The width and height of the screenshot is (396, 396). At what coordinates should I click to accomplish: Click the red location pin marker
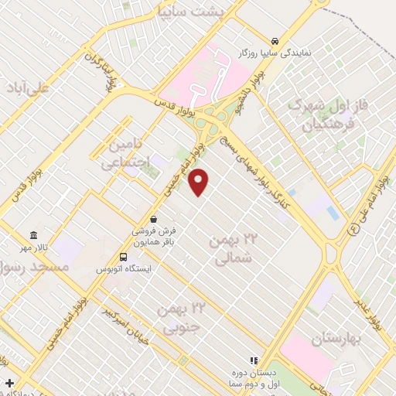coord(200,182)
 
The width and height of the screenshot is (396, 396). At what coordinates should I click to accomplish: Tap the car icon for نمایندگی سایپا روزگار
coord(275,41)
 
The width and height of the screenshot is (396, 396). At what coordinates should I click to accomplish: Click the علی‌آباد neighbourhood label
coord(26,87)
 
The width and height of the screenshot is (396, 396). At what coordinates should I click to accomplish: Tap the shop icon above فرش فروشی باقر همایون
coord(155,219)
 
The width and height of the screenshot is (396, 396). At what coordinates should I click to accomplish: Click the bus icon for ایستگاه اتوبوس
coord(124,257)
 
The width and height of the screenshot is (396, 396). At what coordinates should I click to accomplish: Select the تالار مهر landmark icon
coord(33,235)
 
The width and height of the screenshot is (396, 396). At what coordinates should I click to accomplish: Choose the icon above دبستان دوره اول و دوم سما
coord(252,360)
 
